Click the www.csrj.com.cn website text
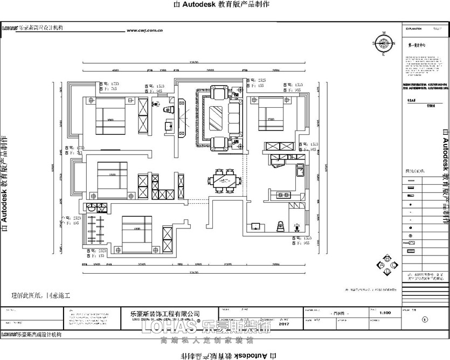[x=145, y=31]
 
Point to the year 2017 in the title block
[x=285, y=324]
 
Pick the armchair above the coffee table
[x=219, y=94]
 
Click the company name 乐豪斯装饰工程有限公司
[x=165, y=313]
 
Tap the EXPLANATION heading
[x=413, y=29]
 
